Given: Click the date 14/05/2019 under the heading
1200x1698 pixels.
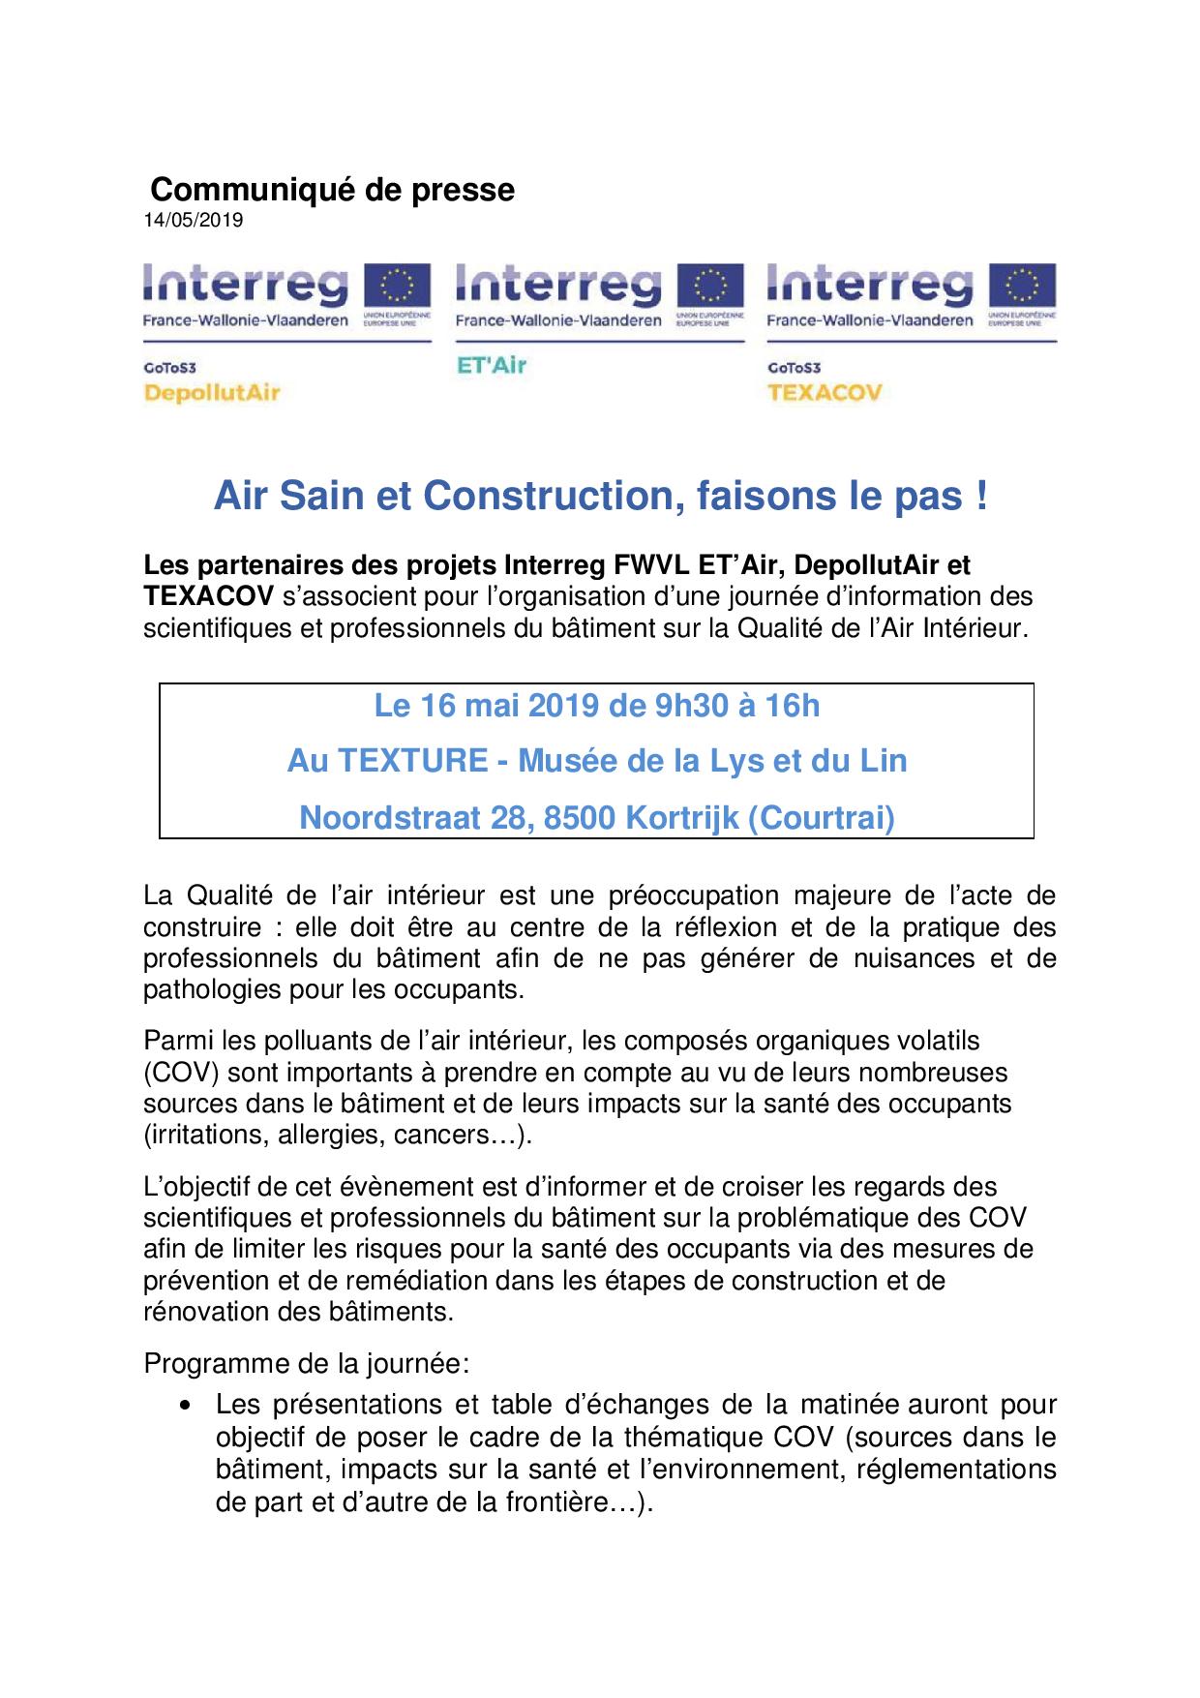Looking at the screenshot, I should point(194,221).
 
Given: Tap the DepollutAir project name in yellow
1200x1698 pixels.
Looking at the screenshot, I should point(211,393).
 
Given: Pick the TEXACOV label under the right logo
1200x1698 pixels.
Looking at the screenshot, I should point(824,393).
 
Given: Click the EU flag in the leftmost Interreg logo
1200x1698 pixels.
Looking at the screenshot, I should point(396,288).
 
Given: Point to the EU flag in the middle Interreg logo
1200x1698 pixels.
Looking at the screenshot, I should point(709,288).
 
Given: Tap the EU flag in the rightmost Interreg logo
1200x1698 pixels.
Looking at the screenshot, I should point(1023,288).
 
